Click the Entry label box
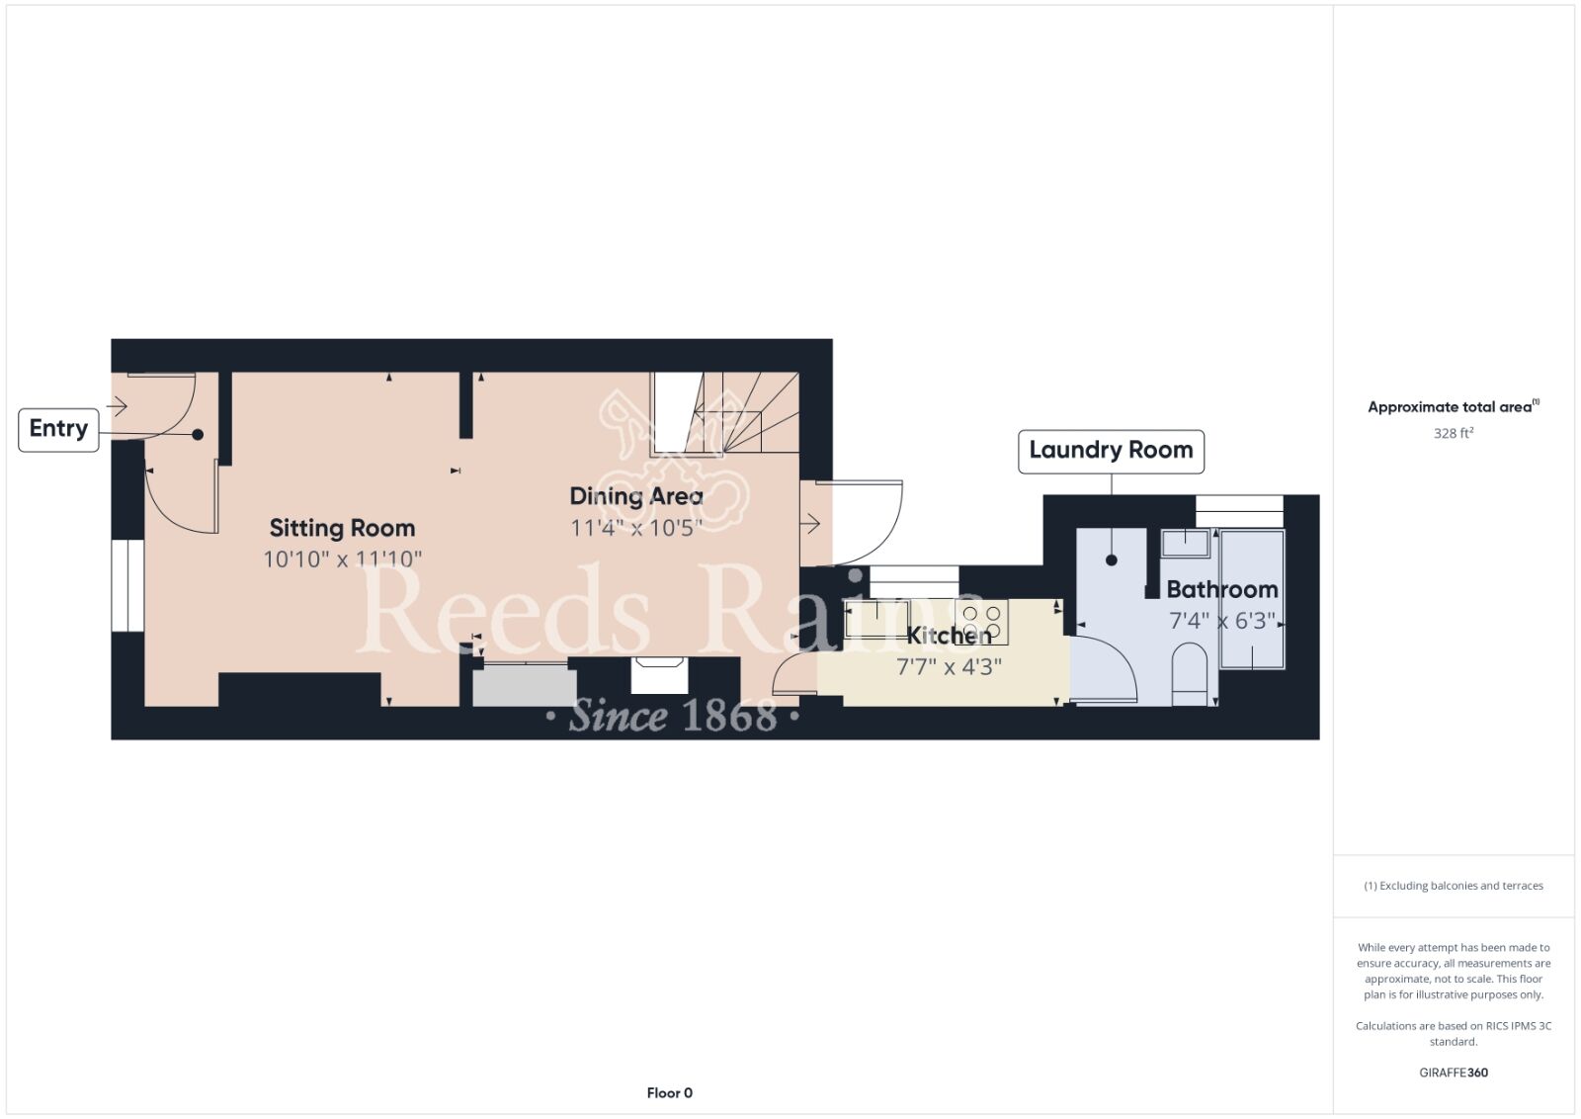click(58, 430)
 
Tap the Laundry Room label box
click(1111, 451)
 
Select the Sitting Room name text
click(342, 528)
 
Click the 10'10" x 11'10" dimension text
click(342, 559)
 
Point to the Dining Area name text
click(636, 496)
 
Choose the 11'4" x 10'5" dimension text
click(636, 528)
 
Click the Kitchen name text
click(949, 636)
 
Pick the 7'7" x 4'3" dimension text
click(949, 666)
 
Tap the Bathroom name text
click(1221, 589)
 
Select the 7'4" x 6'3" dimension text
click(1221, 621)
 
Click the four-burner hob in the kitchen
click(981, 621)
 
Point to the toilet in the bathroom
click(1190, 674)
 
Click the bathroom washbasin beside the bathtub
click(1186, 544)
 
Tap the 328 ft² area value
click(1454, 433)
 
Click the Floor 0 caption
click(669, 1093)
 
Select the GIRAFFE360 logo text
click(1454, 1073)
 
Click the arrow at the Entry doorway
click(117, 406)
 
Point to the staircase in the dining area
click(725, 412)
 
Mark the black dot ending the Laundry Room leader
click(1112, 560)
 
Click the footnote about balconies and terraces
click(1454, 886)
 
